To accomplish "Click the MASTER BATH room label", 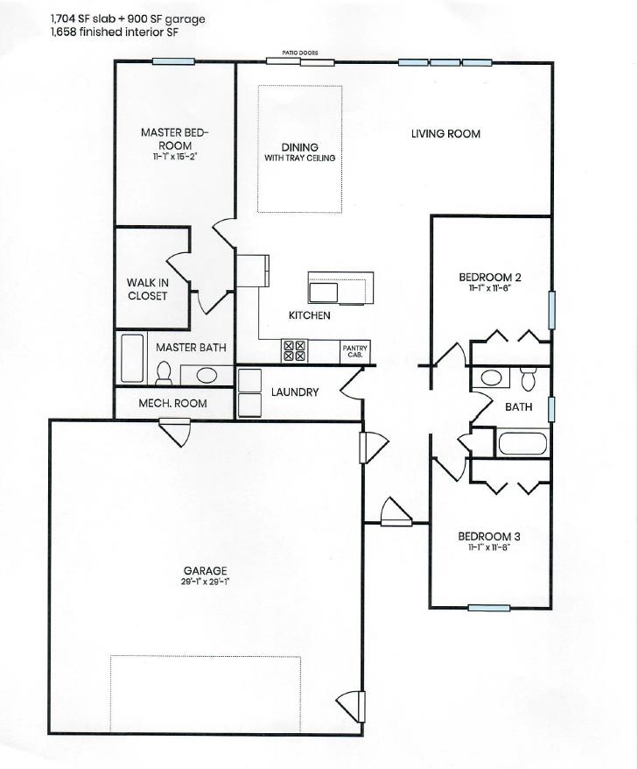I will pos(191,348).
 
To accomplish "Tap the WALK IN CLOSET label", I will pos(147,289).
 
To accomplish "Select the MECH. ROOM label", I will pos(173,404).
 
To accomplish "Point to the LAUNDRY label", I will pos(294,392).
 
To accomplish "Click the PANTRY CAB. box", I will pos(354,350).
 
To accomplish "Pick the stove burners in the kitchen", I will pos(293,351).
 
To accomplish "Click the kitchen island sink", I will pos(324,290).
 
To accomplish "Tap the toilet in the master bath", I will pos(163,374).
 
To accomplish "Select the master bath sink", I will pos(207,376).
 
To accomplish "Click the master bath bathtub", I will pos(132,357).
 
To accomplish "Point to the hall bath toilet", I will pos(527,379).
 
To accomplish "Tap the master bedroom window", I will pos(172,60).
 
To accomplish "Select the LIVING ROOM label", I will pos(445,134).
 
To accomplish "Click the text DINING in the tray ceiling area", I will pos(299,147).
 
